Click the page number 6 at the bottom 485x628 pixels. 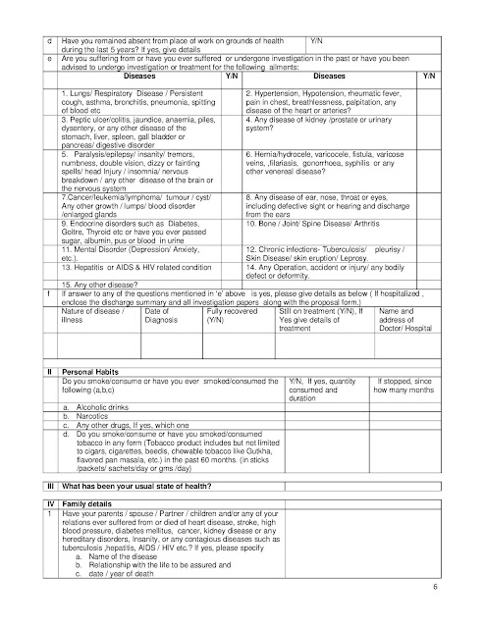(461, 614)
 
